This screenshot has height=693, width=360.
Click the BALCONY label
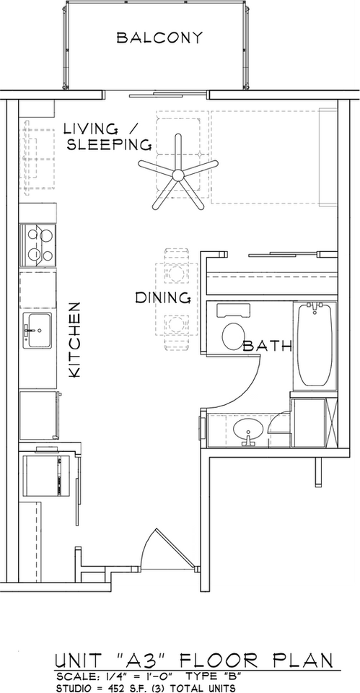(160, 38)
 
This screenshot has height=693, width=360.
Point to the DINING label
(163, 297)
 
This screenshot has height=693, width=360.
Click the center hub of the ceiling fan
(177, 174)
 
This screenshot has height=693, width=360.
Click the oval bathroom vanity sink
(248, 432)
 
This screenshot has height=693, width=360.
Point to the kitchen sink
(37, 331)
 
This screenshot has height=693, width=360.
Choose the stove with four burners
(38, 244)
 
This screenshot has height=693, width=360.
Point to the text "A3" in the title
(132, 661)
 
